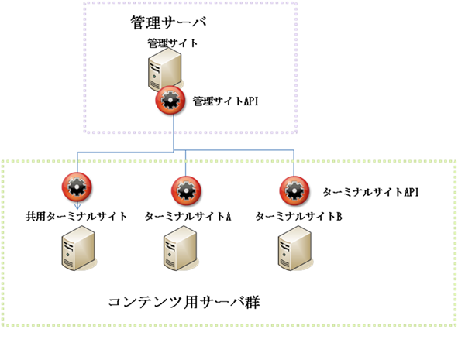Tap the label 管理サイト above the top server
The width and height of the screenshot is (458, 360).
172,43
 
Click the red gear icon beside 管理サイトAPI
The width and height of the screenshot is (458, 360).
172,101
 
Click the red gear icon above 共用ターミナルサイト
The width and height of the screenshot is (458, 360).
77,188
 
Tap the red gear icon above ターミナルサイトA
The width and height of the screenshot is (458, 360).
186,189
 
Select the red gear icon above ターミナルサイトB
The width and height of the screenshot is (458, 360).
294,189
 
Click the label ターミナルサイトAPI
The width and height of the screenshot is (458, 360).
370,191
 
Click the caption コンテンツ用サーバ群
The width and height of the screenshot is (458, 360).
184,300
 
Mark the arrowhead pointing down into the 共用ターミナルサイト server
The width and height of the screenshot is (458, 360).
77,227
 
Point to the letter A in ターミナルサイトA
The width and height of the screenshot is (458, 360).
229,216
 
